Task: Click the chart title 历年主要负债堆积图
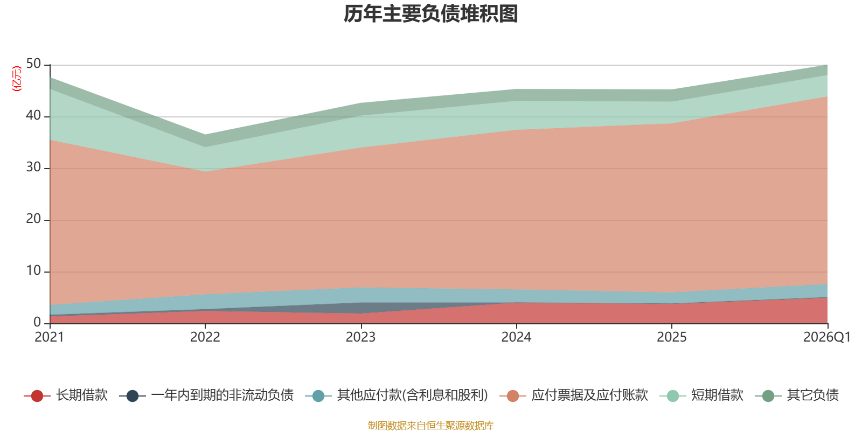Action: [x=430, y=14]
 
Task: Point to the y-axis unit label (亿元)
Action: [x=17, y=79]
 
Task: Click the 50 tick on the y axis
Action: [x=33, y=64]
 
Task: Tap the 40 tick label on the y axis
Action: [x=33, y=115]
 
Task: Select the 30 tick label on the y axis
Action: [x=33, y=168]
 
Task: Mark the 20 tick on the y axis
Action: [x=33, y=219]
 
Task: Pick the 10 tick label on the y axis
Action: [x=33, y=271]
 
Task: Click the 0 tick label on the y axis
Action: [x=37, y=323]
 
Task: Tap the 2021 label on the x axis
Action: [x=49, y=337]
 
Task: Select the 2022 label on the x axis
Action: [x=205, y=337]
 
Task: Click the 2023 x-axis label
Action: [x=360, y=337]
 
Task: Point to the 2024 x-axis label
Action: [x=516, y=337]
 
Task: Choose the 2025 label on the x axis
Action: [x=671, y=337]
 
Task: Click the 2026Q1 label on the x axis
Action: [x=827, y=337]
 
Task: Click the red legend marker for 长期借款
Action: [x=37, y=396]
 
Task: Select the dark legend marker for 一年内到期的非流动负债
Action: [x=133, y=396]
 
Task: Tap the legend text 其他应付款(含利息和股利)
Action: [x=413, y=395]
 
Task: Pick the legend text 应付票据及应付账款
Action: [x=590, y=395]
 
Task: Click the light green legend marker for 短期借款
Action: [x=673, y=396]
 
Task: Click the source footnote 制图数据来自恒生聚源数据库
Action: [x=430, y=425]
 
